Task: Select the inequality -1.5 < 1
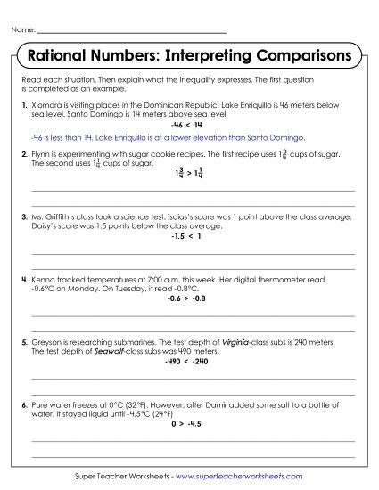189,238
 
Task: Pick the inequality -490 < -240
190,363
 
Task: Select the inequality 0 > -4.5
190,424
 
